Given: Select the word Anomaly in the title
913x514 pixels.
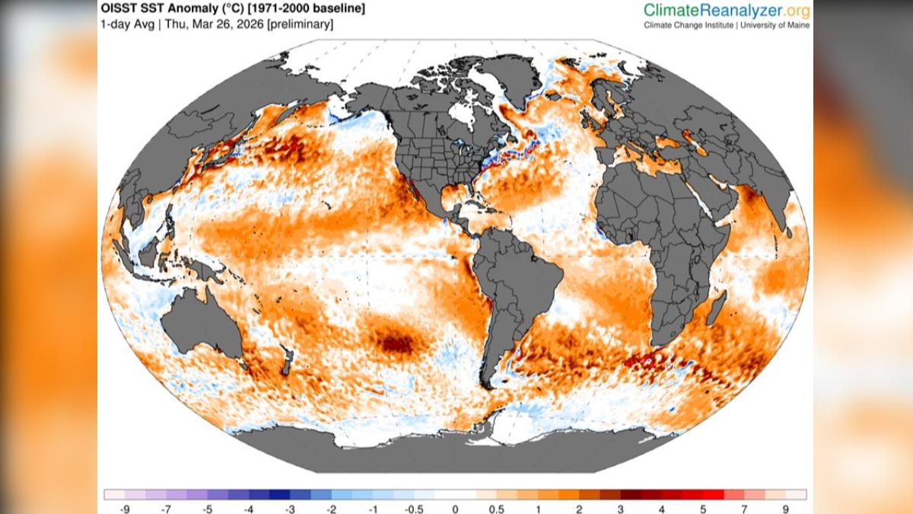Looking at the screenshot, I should (186, 9).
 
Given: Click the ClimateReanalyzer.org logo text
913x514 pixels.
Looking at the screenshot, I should (727, 10).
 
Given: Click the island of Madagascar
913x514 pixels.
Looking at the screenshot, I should (717, 312).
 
